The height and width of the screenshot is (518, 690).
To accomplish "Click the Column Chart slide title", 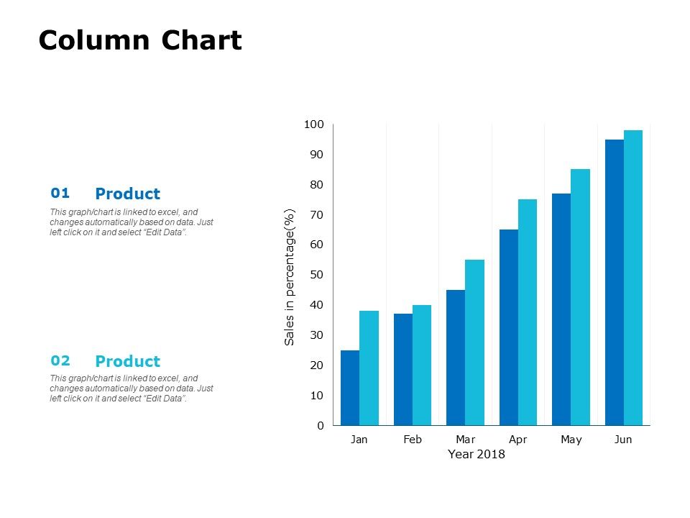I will [140, 41].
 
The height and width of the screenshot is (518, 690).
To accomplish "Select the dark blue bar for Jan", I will [350, 388].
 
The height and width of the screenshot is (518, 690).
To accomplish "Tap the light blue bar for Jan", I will [369, 368].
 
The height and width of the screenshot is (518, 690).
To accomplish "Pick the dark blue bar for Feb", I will [403, 369].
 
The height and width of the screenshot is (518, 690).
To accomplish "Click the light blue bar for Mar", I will [474, 342].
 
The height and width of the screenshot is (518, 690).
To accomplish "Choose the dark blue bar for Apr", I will [509, 327].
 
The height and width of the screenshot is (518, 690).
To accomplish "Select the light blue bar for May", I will [580, 297].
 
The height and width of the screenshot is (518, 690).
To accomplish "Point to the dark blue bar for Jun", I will [615, 282].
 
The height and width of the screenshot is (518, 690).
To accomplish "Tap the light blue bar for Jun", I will [633, 278].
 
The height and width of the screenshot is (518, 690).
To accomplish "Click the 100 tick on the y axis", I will [314, 125].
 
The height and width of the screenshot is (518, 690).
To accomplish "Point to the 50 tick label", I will [317, 275].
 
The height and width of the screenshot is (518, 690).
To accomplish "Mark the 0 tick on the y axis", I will [321, 426].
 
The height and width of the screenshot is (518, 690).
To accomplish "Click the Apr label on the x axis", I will [518, 440].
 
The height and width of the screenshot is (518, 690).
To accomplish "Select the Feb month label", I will [413, 440].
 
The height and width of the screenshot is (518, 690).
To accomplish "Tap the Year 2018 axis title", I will [477, 455].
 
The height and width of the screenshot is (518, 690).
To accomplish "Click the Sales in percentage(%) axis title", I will [290, 278].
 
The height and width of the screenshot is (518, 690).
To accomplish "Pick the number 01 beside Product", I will [60, 193].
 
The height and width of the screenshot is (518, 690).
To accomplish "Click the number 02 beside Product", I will [60, 360].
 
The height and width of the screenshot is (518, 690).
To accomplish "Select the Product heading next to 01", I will [128, 194].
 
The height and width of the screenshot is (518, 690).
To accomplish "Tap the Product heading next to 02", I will [128, 361].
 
